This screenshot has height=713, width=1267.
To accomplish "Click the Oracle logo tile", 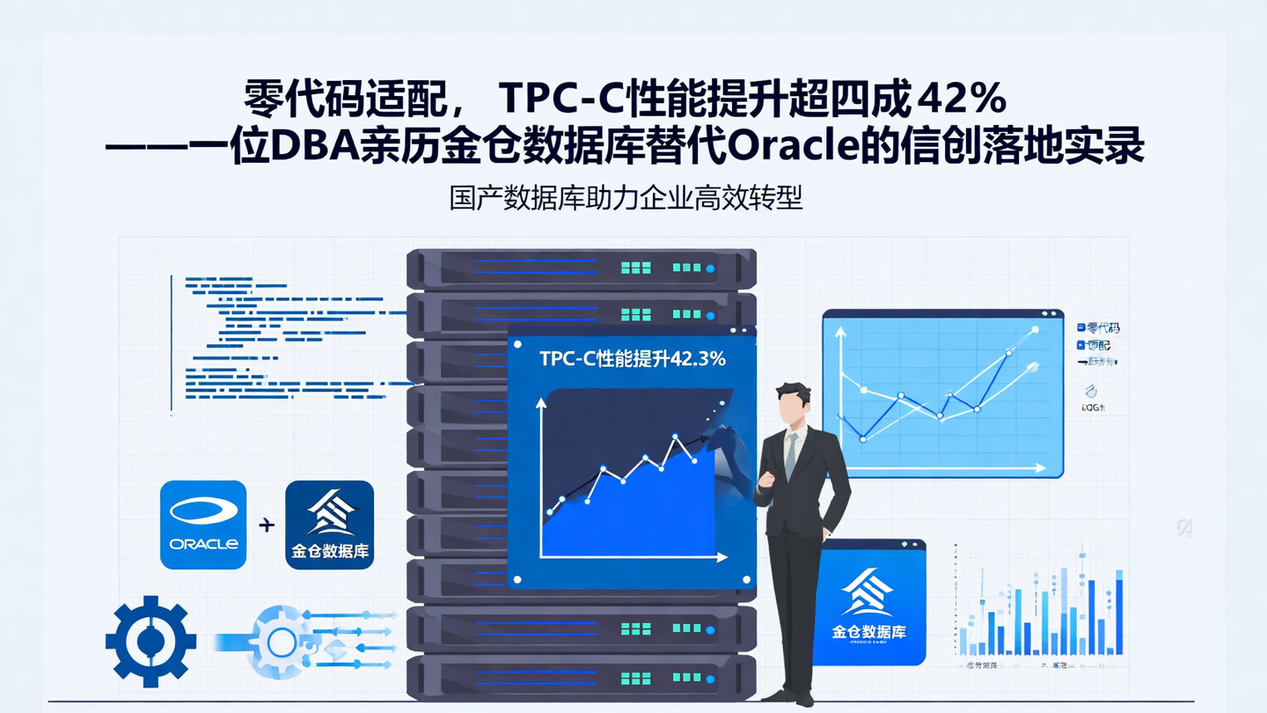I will [203, 525].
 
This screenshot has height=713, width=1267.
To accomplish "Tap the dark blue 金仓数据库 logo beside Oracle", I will [330, 525].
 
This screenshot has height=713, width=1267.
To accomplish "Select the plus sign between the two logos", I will [267, 526].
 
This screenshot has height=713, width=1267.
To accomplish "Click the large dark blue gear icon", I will [150, 641].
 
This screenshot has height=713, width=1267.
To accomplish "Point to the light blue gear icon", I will [280, 641].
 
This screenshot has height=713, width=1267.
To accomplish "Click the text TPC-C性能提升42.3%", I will [632, 358].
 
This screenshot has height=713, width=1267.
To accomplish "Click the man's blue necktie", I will [792, 454].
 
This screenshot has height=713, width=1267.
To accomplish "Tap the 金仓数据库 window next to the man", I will [868, 602].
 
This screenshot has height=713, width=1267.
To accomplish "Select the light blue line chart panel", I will [942, 393].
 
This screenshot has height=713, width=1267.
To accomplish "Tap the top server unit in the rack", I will [582, 268].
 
